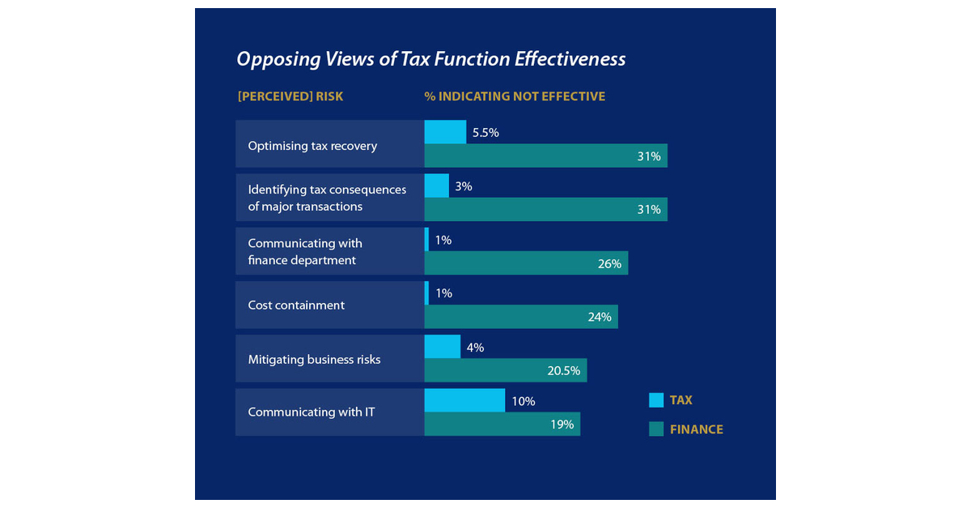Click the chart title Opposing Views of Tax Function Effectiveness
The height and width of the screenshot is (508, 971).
coord(430,59)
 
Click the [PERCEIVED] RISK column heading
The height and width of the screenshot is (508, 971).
coord(290,96)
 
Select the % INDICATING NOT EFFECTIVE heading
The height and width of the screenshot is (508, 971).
coord(515,96)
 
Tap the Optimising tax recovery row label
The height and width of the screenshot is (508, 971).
coord(312,146)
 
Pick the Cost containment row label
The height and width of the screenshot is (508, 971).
coord(296,305)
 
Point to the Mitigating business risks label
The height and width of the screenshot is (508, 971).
coord(314,360)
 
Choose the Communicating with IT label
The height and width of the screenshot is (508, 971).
coord(312,412)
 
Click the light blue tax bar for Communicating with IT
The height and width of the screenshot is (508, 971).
coord(464,400)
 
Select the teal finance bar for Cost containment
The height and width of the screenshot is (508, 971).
coord(520,317)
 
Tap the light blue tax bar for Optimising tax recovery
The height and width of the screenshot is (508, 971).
coord(445,132)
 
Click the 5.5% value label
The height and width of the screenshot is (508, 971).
coord(485,133)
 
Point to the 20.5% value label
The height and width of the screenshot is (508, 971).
coord(563,371)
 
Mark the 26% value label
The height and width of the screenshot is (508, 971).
coord(609,263)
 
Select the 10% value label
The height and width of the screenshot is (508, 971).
coord(523,401)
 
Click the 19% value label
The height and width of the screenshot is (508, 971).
coord(562,424)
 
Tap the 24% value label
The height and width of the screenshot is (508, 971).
coord(600,317)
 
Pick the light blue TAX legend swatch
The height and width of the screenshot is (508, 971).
coord(656,400)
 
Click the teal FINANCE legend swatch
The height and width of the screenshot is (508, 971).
coord(656,429)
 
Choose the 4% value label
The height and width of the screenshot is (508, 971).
coord(475,348)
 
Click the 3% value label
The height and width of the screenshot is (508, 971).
coord(464,186)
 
